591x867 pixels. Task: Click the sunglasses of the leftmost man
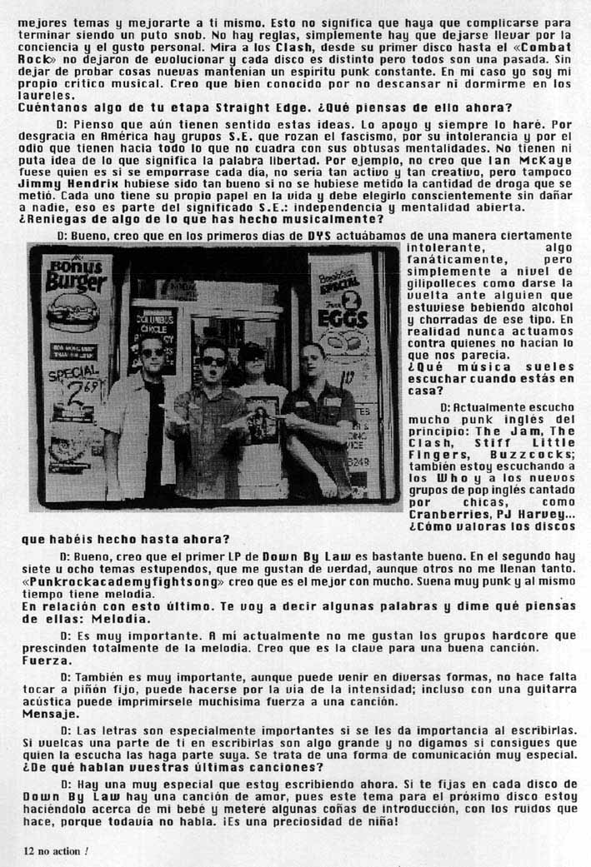pos(153,353)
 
